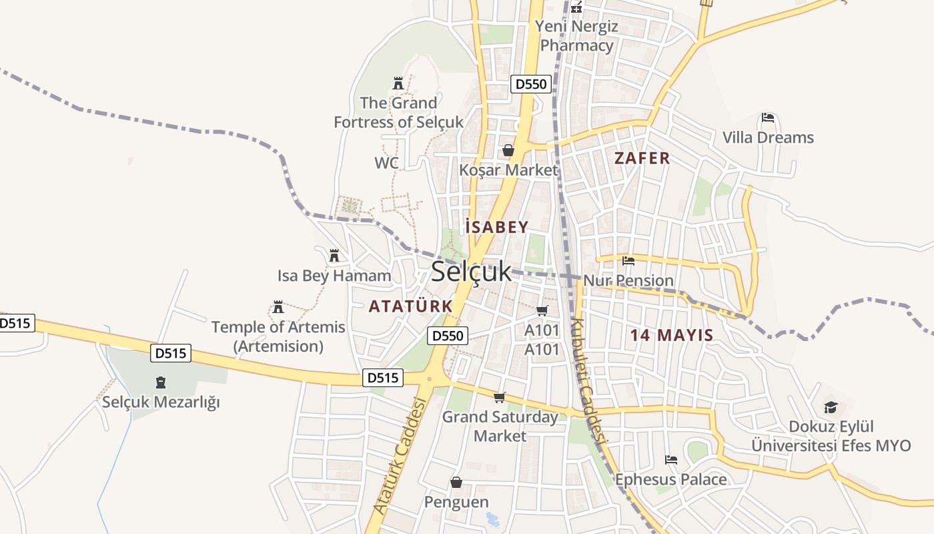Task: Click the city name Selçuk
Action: (x=471, y=271)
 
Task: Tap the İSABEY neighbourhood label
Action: (x=497, y=227)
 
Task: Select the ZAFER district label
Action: (x=642, y=158)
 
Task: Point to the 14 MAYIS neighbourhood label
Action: (x=672, y=335)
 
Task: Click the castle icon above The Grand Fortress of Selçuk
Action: (x=398, y=83)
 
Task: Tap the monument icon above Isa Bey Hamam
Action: (x=334, y=255)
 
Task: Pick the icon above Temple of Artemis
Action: (x=278, y=307)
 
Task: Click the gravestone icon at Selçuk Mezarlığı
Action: (x=160, y=382)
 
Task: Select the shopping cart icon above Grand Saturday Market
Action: (x=499, y=398)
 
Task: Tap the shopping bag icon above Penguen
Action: (x=456, y=482)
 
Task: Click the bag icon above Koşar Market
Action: (x=508, y=150)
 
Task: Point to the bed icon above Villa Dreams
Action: (x=768, y=118)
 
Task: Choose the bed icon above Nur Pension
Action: (x=628, y=260)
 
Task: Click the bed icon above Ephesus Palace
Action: (x=670, y=459)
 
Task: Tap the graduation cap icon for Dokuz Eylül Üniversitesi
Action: (x=831, y=407)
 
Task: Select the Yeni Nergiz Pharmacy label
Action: (x=577, y=36)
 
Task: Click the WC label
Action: (x=386, y=163)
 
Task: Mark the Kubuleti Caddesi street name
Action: (x=588, y=380)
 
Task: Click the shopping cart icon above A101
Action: (x=542, y=310)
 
